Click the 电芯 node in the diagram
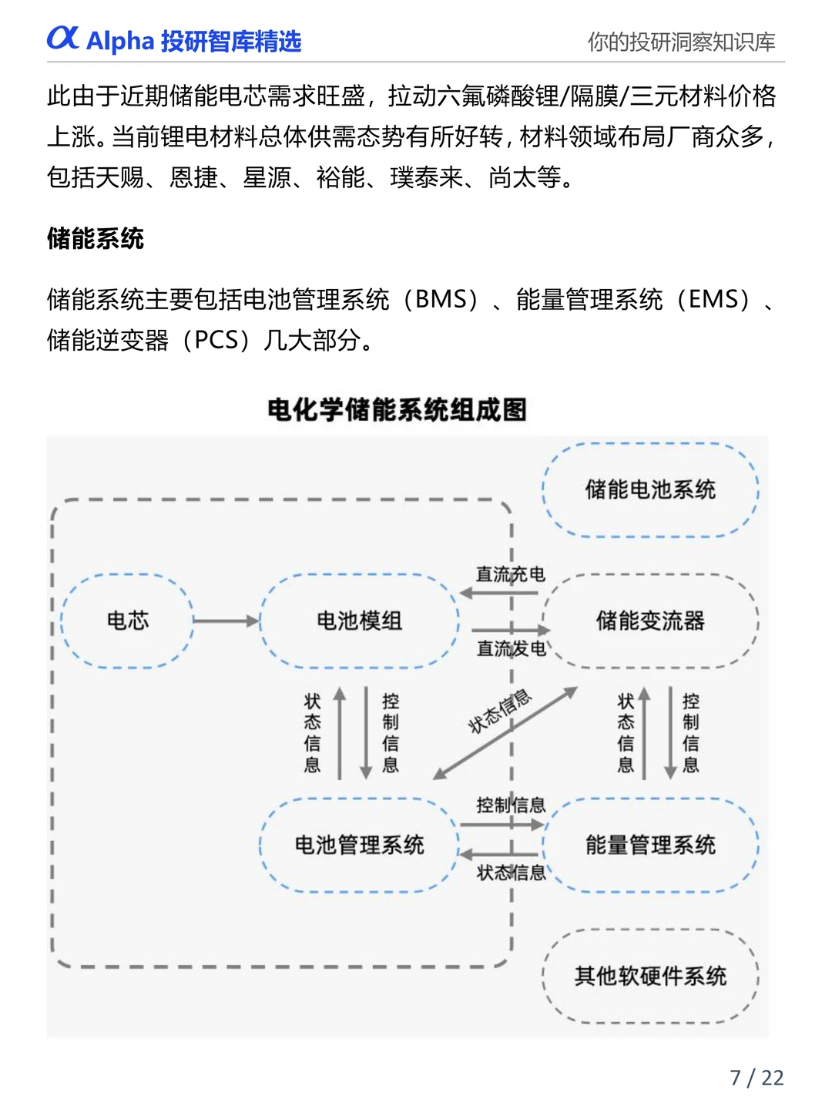point(128,621)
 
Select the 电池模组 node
point(359,621)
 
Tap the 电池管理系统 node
point(359,845)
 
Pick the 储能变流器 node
point(650,621)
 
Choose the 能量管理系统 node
point(650,845)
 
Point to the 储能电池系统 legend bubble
point(650,489)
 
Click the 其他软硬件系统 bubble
point(650,976)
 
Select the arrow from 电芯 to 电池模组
point(226,621)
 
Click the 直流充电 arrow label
point(510,574)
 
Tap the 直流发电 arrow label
point(510,649)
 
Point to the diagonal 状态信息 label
point(500,711)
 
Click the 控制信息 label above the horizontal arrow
point(510,806)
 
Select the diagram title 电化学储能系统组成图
point(397,409)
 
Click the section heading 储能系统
point(96,238)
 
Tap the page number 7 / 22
point(757,1077)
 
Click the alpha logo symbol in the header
point(63,38)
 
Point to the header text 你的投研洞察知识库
point(681,42)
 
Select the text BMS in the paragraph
point(441,299)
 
